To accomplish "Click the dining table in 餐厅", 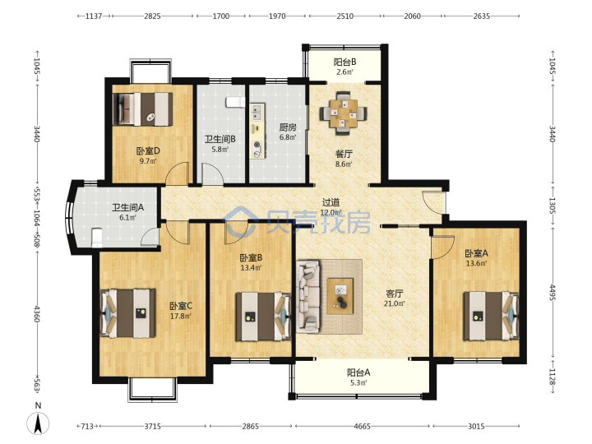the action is (343, 113).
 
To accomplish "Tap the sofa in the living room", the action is (308, 296).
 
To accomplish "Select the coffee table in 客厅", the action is (340, 296).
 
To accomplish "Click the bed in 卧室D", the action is (143, 109).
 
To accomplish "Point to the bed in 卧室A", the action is (491, 316).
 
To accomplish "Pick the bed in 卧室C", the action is (128, 313).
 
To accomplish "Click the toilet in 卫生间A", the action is (97, 238).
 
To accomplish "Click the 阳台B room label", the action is (345, 62).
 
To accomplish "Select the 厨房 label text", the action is (288, 127).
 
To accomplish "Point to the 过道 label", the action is (331, 203).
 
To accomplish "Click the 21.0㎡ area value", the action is (395, 303).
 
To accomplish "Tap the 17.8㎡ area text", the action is (180, 316).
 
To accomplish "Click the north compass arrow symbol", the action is (38, 423).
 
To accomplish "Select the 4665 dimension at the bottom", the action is (362, 426).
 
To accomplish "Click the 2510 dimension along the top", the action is (345, 16).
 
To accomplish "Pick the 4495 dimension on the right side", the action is (552, 293).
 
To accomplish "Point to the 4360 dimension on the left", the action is (37, 314).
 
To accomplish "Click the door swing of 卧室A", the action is (442, 247).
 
